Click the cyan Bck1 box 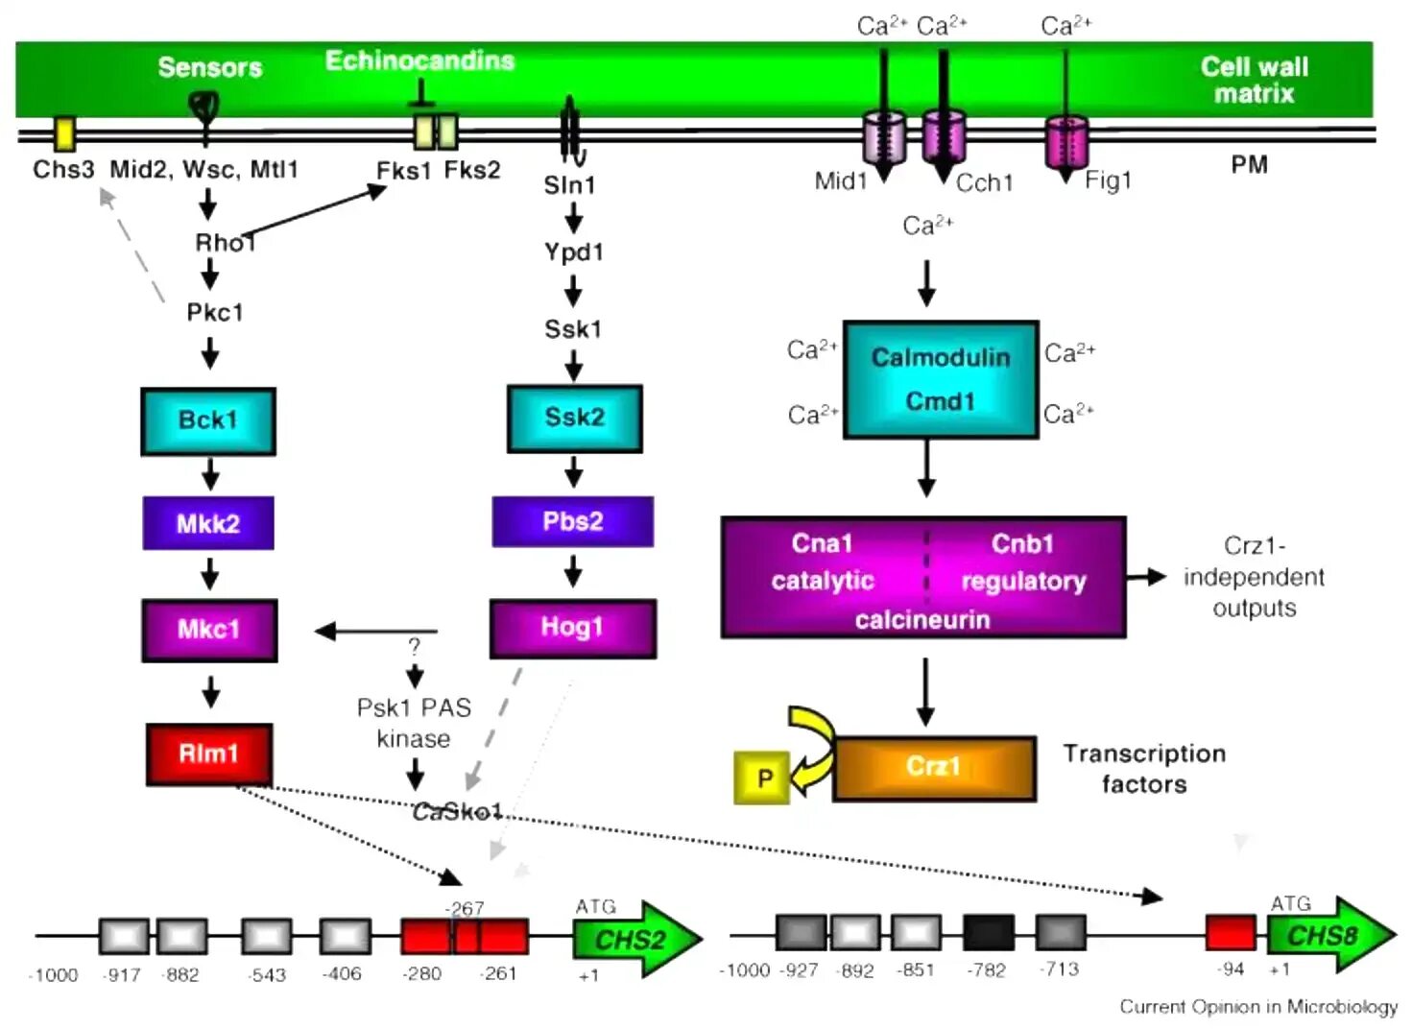pyautogui.click(x=207, y=420)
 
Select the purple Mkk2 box pyautogui.click(x=207, y=523)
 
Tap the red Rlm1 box pyautogui.click(x=208, y=754)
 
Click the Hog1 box pyautogui.click(x=572, y=628)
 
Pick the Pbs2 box pyautogui.click(x=572, y=521)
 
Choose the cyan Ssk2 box pyautogui.click(x=574, y=418)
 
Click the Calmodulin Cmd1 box pyautogui.click(x=940, y=379)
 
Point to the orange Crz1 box pyautogui.click(x=934, y=767)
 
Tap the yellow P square pyautogui.click(x=763, y=778)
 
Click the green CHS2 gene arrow pyautogui.click(x=634, y=939)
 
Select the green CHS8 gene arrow pyautogui.click(x=1327, y=935)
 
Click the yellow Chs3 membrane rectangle pyautogui.click(x=64, y=134)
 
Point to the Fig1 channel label pyautogui.click(x=1108, y=180)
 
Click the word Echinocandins pyautogui.click(x=419, y=60)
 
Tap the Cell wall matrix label pyautogui.click(x=1254, y=80)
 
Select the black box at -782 pyautogui.click(x=988, y=932)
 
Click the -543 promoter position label pyautogui.click(x=267, y=974)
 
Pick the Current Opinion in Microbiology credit pyautogui.click(x=1257, y=1006)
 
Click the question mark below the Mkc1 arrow pyautogui.click(x=414, y=646)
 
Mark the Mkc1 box pyautogui.click(x=208, y=630)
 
